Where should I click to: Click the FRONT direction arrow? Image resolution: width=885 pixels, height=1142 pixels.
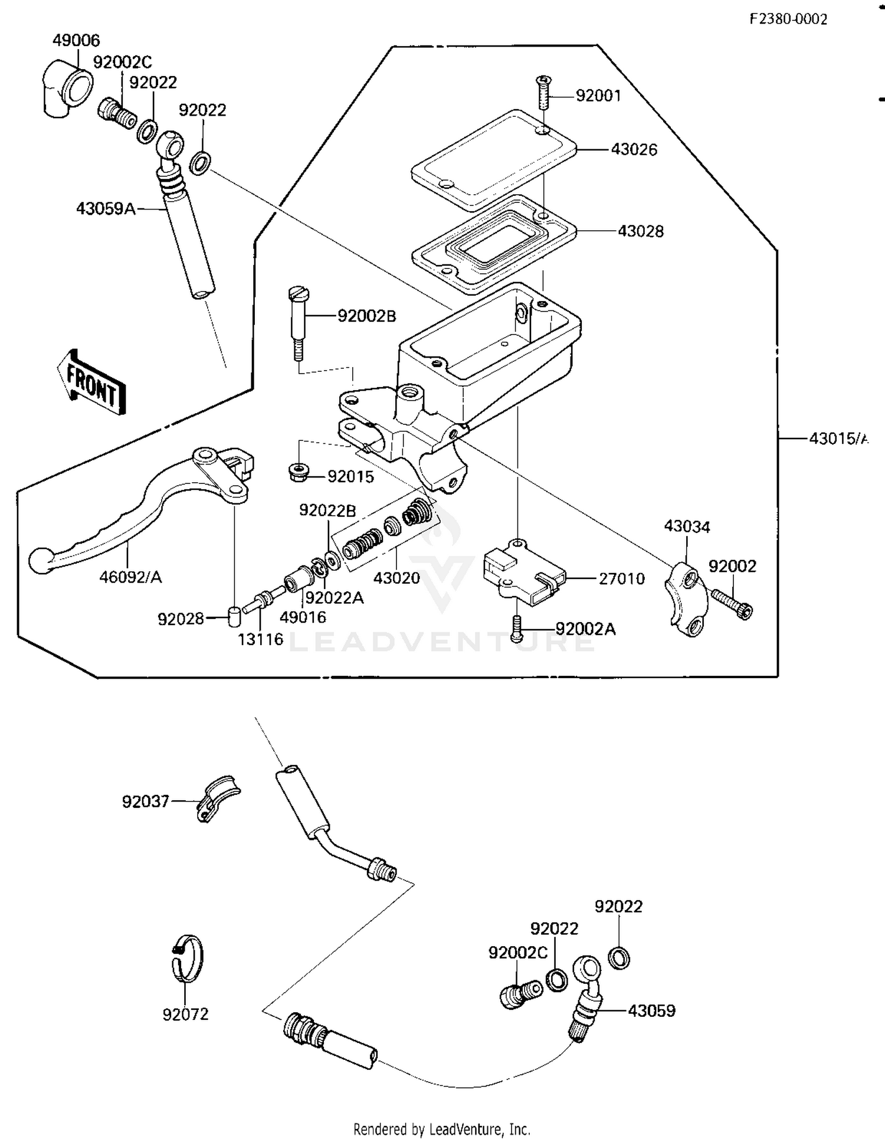[x=91, y=381]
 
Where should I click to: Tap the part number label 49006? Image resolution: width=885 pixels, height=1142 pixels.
[x=76, y=41]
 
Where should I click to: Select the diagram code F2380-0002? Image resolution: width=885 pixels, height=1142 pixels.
[x=788, y=19]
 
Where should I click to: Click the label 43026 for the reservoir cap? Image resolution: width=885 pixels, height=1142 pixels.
[x=634, y=150]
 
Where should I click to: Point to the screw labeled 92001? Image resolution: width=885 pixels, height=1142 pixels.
[x=543, y=93]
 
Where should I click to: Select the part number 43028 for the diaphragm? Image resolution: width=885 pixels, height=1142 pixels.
[x=640, y=231]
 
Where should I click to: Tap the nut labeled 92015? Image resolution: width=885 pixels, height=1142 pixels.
[x=300, y=473]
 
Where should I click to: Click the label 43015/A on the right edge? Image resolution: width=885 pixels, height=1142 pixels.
[x=838, y=439]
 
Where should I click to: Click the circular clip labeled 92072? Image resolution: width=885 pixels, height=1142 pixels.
[x=187, y=959]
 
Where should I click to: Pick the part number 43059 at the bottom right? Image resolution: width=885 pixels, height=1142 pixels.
[x=651, y=1011]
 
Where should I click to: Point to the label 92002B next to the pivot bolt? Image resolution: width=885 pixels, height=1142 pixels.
[x=366, y=316]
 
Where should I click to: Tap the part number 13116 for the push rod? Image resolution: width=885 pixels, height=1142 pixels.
[x=260, y=639]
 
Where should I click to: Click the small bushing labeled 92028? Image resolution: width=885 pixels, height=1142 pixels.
[x=234, y=617]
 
